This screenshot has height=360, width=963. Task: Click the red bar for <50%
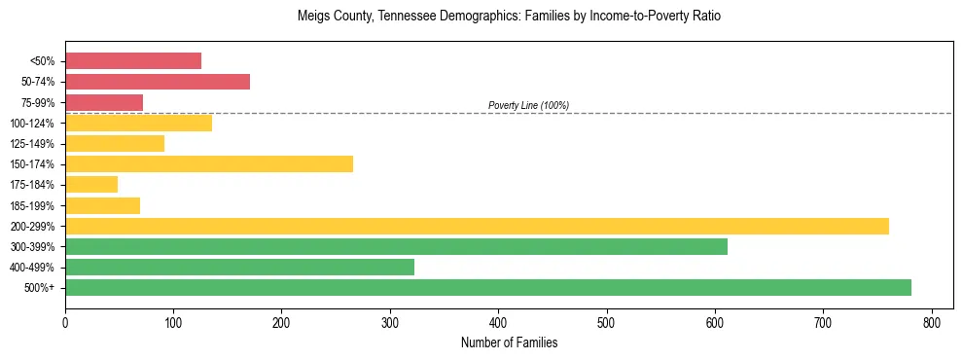[x=133, y=61]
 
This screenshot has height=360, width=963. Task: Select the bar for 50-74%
[x=158, y=82]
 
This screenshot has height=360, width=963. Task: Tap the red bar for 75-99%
[x=104, y=102]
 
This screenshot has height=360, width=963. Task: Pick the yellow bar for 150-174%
[x=209, y=163]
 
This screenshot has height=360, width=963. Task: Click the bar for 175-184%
[x=91, y=184]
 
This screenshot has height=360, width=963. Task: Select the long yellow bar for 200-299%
[x=477, y=226]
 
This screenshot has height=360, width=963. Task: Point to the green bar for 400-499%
[x=239, y=267]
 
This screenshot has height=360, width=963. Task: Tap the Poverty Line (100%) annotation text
[x=528, y=105]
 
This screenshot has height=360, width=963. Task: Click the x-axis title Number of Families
[x=509, y=342]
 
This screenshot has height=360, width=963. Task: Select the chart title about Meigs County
[x=509, y=17]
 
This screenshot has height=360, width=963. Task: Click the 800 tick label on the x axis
[x=932, y=321]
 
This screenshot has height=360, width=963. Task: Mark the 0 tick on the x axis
[x=65, y=321]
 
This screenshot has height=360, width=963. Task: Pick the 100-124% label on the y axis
[x=32, y=124]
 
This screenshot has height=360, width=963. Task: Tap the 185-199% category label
[x=32, y=205]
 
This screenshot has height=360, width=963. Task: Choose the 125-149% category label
[x=32, y=144]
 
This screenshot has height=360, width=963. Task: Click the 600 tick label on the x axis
[x=715, y=321]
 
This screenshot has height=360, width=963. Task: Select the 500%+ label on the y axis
[x=40, y=288]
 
